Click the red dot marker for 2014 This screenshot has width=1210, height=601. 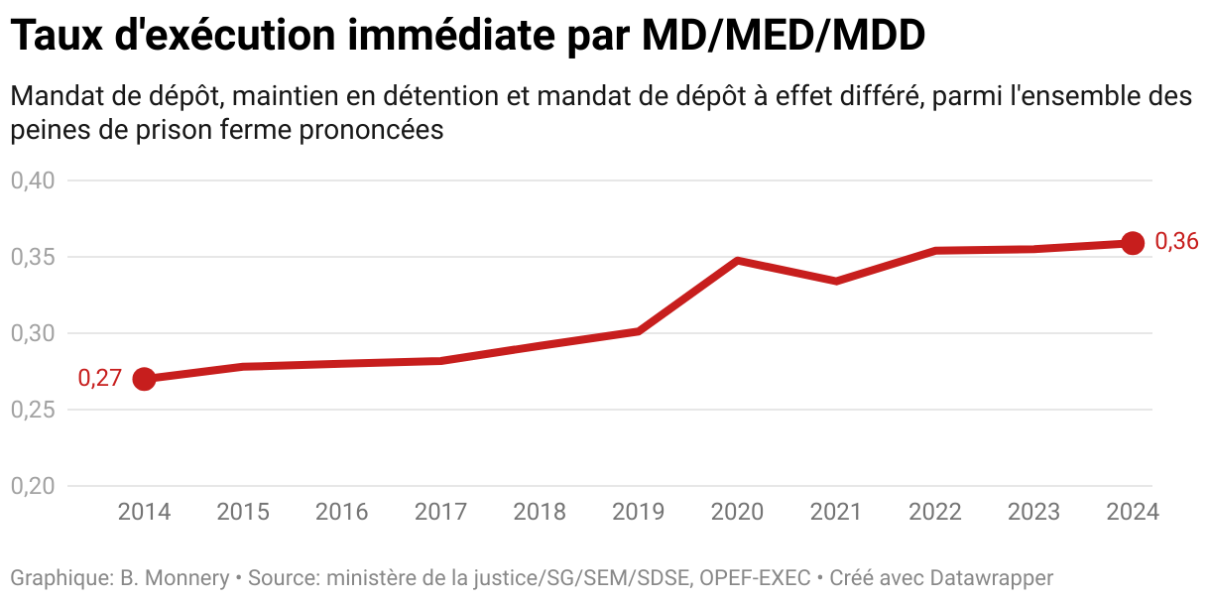[144, 379]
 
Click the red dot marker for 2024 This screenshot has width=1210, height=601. [1133, 243]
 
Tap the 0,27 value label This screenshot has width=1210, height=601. [99, 378]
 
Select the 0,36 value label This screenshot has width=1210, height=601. [1177, 242]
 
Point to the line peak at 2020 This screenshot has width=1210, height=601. [738, 261]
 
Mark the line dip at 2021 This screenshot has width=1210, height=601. [836, 281]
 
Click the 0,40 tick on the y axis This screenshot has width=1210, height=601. [33, 180]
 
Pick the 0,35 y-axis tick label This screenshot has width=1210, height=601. [33, 257]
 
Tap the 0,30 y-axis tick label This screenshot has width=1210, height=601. [33, 333]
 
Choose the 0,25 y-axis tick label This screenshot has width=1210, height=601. [33, 410]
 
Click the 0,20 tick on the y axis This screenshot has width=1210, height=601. [33, 486]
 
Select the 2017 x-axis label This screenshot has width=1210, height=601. [440, 512]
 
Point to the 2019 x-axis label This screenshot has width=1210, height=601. [639, 512]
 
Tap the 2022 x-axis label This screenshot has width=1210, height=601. [935, 512]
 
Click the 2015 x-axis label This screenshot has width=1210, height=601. [243, 512]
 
